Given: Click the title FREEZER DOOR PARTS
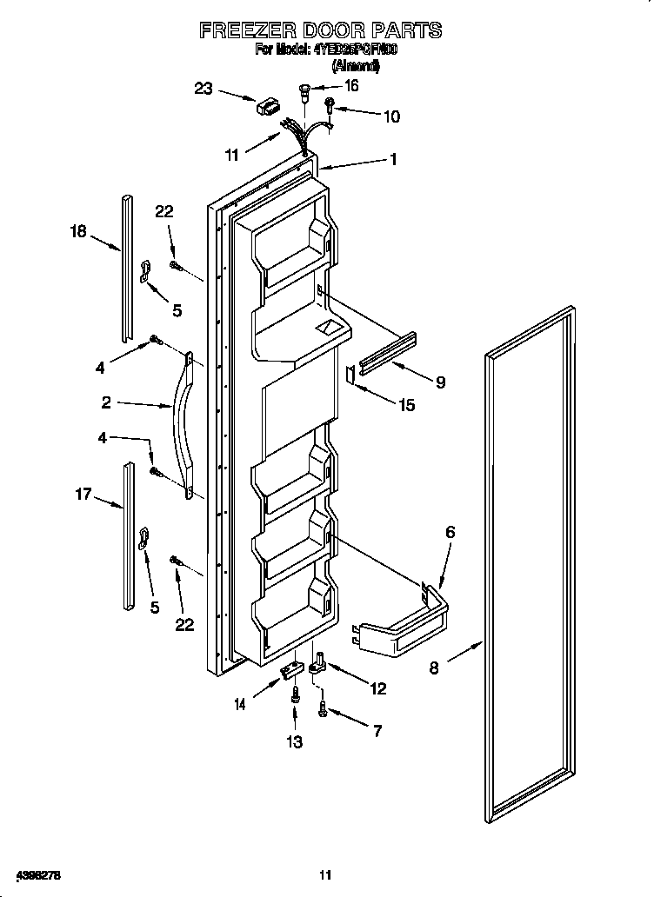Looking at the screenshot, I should (320, 30).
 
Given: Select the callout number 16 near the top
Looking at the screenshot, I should (351, 86).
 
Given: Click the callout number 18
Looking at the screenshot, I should (78, 230).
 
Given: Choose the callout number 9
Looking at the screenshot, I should (440, 381).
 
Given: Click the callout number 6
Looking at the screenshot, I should (450, 532).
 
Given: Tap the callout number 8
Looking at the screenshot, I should (434, 668).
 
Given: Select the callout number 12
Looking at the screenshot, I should (377, 689).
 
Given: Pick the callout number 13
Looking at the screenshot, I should (295, 741).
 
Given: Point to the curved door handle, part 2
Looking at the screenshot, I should (184, 426).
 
